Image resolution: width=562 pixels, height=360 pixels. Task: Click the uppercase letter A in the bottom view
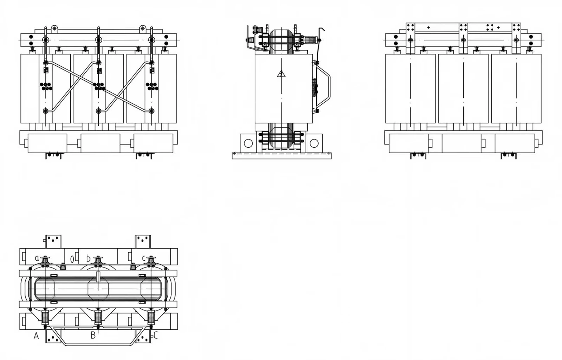click(37, 336)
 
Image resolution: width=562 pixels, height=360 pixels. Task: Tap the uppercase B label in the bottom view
click(93, 336)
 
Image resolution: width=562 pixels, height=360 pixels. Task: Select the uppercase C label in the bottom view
click(156, 336)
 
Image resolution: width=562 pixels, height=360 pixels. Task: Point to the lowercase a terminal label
click(37, 258)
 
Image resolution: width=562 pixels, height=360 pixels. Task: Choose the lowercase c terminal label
click(144, 258)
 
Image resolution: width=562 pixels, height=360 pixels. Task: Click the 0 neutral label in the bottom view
click(72, 259)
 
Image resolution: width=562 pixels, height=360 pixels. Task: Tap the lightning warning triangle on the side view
click(281, 74)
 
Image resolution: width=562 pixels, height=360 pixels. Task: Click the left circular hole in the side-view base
click(248, 143)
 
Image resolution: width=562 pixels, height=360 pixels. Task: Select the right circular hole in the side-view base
click(314, 143)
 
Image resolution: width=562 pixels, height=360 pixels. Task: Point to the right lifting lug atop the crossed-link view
click(143, 29)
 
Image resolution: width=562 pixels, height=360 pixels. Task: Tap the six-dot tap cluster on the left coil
click(46, 86)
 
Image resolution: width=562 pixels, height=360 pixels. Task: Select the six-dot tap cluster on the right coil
click(152, 86)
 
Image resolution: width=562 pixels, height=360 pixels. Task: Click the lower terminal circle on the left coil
click(45, 111)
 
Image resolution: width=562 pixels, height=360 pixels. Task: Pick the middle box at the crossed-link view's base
click(100, 143)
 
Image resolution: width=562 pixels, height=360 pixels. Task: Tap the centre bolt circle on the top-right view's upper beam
click(463, 40)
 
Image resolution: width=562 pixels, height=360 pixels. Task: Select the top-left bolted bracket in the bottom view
click(53, 242)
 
